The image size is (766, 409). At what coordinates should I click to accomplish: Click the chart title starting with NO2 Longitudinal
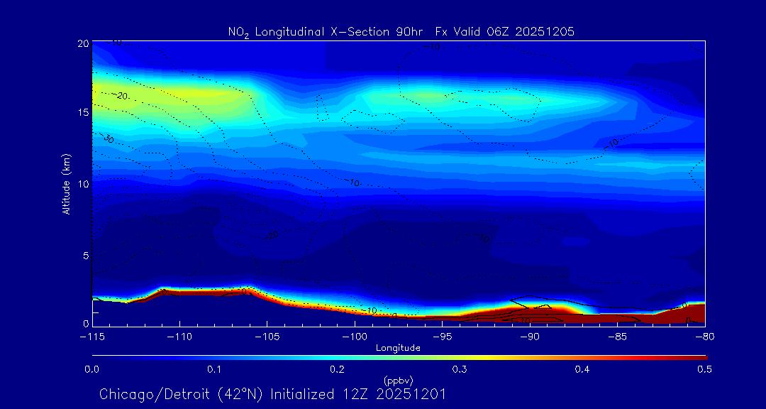point(401,31)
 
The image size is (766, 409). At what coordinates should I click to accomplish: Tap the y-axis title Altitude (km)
point(66,184)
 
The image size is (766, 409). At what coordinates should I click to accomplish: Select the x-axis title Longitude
point(398,348)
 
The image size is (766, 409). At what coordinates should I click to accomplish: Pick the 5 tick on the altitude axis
point(84,254)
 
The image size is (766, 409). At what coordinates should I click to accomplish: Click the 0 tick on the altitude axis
point(84,324)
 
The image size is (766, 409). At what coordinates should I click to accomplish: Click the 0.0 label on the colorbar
point(91,369)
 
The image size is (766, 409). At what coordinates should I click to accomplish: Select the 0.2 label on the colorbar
point(337,369)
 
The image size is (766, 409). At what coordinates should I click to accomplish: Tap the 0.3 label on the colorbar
point(460,369)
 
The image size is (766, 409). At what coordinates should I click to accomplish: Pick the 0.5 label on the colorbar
point(705,369)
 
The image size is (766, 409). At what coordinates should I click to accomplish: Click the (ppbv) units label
point(398,381)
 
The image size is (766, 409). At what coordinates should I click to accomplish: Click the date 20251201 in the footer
point(413,394)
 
